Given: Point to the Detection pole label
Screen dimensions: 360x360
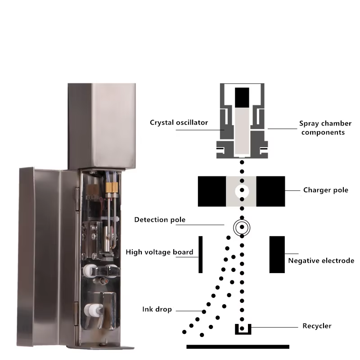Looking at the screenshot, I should coord(160,220).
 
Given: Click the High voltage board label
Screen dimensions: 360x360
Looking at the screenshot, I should coord(159,252).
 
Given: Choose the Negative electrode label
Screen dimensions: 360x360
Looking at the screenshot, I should coord(321,261).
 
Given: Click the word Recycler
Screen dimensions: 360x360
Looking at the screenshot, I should coord(317,325).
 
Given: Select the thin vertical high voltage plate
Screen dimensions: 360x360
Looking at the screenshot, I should coord(200,254).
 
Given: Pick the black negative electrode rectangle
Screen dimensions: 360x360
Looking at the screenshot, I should coord(277,254).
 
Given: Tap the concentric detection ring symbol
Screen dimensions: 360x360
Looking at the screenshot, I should coord(242,228).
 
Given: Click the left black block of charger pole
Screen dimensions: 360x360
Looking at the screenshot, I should coord(212,191).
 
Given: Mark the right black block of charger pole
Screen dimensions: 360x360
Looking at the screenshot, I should coord(270,191).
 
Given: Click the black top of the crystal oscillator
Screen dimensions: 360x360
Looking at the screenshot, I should coord(242,95).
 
